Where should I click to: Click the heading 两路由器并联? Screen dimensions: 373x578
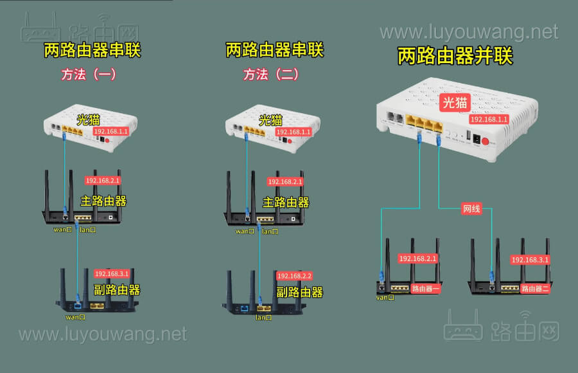[x=455, y=57]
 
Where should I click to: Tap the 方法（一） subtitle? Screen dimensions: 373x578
[x=89, y=74]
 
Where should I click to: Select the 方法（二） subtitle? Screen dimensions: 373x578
[x=270, y=74]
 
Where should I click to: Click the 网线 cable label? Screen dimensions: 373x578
[x=471, y=208]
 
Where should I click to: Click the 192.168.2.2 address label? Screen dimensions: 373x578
[x=294, y=275]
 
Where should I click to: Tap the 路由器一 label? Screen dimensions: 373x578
[x=426, y=289]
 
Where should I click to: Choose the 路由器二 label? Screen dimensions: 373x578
[x=535, y=289]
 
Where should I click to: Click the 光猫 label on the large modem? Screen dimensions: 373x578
[x=455, y=102]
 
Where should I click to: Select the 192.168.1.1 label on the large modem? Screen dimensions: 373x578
[x=489, y=120]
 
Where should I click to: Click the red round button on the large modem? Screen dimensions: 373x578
[x=486, y=142]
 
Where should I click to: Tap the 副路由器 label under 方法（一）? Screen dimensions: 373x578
[x=117, y=289]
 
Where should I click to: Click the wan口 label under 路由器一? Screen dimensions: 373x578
[x=385, y=297]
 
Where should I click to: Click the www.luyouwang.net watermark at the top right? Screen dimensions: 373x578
[x=469, y=32]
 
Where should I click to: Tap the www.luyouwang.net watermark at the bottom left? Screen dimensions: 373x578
[x=103, y=334]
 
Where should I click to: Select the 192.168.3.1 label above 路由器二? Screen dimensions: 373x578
[x=530, y=260]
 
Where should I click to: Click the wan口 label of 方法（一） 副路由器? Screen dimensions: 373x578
[x=75, y=317]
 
